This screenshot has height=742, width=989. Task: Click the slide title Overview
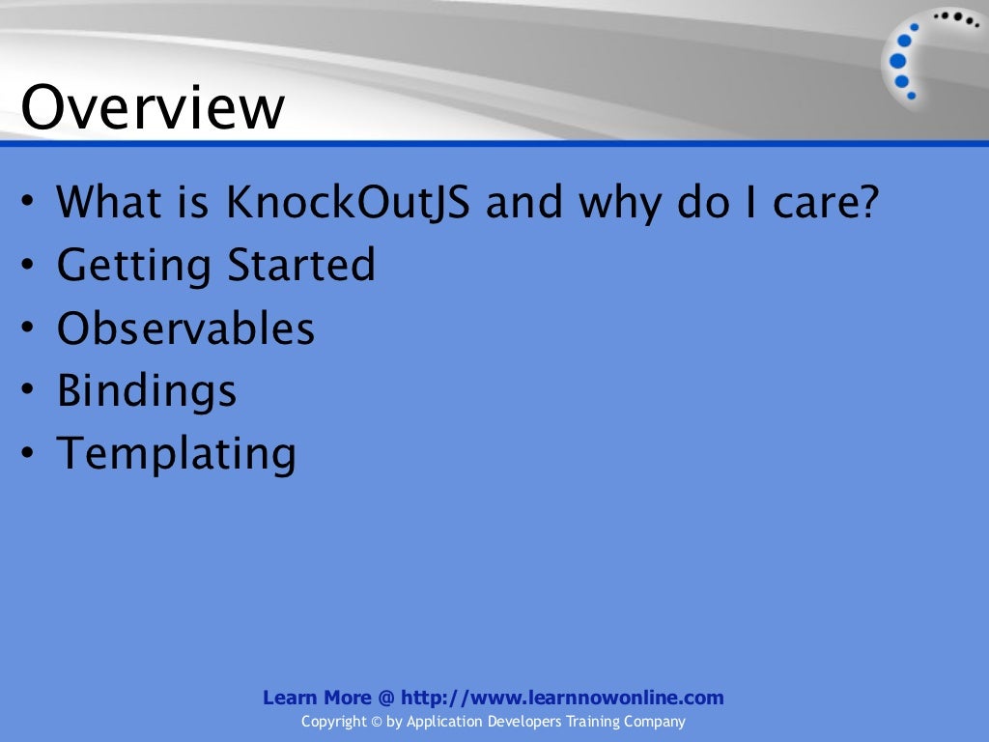pos(153,108)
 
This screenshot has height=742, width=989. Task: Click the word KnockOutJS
pos(350,204)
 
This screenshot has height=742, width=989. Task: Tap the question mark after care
pos(867,204)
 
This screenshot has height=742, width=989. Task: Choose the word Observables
pos(185,328)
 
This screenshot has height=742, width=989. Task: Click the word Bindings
pos(146,390)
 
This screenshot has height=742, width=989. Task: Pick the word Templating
pos(176,453)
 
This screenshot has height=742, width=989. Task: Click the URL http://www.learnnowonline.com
pos(562,698)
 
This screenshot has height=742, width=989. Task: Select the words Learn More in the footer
pos(316,698)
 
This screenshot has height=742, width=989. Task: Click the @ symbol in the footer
pos(384,698)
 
